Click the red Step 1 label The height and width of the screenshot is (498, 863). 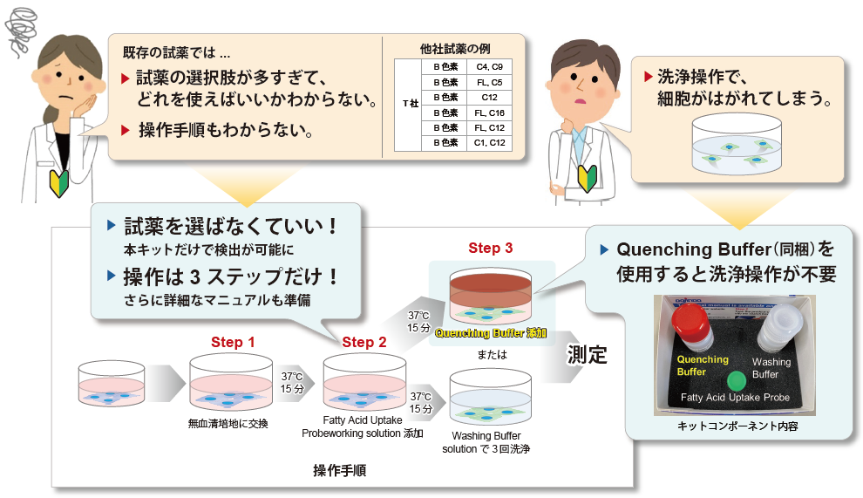pyautogui.click(x=233, y=342)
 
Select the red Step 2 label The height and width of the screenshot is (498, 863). pyautogui.click(x=364, y=342)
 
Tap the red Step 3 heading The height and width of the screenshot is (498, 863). pyautogui.click(x=491, y=248)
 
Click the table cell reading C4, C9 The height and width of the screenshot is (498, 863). pyautogui.click(x=489, y=66)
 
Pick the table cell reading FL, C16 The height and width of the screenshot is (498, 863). pyautogui.click(x=489, y=113)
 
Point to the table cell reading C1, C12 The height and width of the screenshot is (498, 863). pyautogui.click(x=489, y=143)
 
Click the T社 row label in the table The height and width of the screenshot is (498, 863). pyautogui.click(x=411, y=104)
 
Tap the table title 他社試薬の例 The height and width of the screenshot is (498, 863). pyautogui.click(x=455, y=49)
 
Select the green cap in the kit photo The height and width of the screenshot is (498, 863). pyautogui.click(x=736, y=381)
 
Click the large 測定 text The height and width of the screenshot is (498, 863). pyautogui.click(x=587, y=355)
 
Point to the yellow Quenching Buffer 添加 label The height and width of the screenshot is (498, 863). pyautogui.click(x=491, y=333)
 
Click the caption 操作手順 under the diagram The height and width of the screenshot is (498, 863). pyautogui.click(x=339, y=470)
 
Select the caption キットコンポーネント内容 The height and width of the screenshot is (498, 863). pyautogui.click(x=737, y=426)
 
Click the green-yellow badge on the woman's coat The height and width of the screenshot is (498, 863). pyautogui.click(x=59, y=182)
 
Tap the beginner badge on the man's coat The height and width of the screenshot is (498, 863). pyautogui.click(x=587, y=177)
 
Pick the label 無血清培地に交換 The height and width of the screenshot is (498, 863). pyautogui.click(x=228, y=424)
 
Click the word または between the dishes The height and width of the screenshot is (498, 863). pyautogui.click(x=492, y=355)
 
